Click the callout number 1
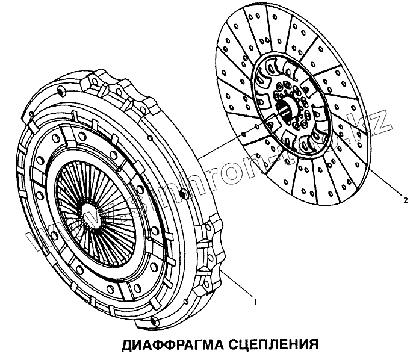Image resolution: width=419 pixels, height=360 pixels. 255,302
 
